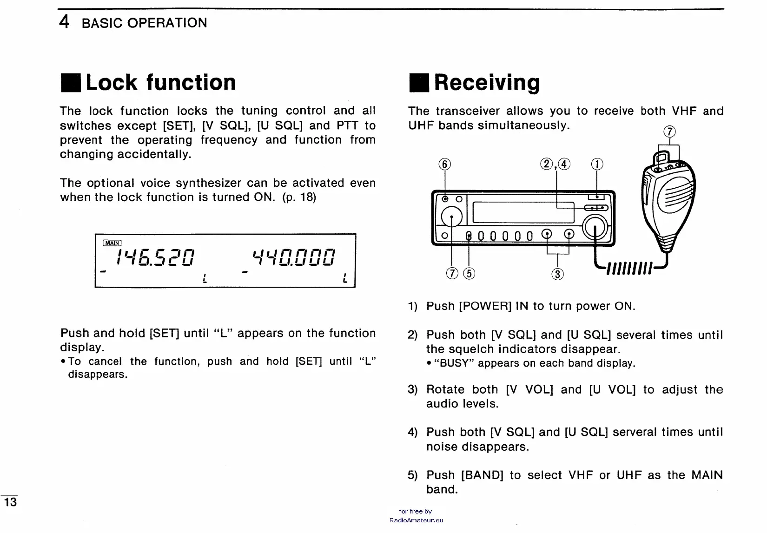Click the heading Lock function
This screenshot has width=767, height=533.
point(160,82)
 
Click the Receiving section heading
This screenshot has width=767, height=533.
point(486,82)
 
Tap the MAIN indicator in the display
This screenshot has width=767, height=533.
point(112,243)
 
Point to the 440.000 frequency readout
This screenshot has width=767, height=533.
point(293,257)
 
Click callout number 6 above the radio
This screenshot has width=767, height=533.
point(445,165)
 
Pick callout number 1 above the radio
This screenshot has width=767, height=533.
point(597,165)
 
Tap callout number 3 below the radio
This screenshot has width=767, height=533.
point(557,274)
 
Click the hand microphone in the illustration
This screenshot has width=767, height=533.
point(669,200)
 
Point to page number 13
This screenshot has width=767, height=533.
point(10,502)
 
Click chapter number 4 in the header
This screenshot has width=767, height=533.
point(65,22)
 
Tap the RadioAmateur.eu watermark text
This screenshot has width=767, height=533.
point(416,520)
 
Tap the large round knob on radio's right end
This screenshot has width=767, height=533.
point(596,228)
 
